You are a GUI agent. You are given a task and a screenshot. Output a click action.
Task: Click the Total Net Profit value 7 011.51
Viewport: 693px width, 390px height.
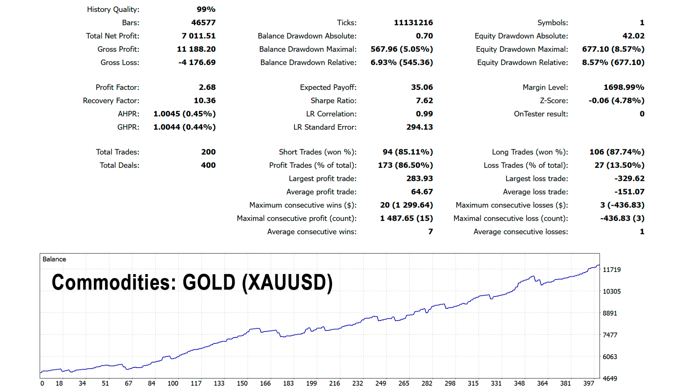(199, 36)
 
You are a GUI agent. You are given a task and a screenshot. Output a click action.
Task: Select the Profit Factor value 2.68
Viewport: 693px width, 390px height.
(207, 87)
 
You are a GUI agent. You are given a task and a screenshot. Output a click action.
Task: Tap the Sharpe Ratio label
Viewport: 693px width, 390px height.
(333, 100)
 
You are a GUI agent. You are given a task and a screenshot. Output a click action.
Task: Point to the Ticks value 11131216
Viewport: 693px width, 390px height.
(413, 22)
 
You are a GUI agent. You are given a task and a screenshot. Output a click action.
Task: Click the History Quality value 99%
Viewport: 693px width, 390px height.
(206, 9)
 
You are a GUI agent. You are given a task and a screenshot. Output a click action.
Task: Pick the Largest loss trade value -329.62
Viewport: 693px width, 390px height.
(629, 178)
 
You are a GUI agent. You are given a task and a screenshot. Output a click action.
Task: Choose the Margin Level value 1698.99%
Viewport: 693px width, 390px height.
(624, 87)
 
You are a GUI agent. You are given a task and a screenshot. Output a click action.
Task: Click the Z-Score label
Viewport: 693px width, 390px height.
(554, 100)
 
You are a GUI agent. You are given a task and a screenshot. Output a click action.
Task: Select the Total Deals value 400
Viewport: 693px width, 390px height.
(208, 165)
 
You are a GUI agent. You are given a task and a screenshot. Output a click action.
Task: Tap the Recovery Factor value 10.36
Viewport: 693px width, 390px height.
(205, 100)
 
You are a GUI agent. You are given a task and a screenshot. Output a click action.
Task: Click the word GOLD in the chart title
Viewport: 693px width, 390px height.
(209, 282)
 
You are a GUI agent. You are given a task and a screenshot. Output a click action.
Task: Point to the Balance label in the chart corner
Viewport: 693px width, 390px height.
(54, 259)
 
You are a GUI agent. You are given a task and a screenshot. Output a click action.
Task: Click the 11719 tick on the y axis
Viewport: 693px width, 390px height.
(612, 270)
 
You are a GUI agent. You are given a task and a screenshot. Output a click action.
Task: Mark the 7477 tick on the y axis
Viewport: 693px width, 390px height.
(610, 335)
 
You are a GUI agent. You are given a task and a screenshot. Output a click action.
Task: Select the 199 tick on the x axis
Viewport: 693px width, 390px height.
(311, 383)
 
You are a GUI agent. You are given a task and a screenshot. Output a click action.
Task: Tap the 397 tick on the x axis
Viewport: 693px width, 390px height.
(589, 383)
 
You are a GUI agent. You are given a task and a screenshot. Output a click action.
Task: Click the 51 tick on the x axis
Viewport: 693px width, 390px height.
(105, 383)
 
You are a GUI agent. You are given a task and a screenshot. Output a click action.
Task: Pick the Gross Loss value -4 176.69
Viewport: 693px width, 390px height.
(197, 62)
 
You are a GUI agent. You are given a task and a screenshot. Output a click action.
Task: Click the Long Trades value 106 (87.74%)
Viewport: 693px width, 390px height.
(617, 152)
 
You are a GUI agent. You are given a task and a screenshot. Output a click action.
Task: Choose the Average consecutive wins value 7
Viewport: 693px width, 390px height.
(430, 231)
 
